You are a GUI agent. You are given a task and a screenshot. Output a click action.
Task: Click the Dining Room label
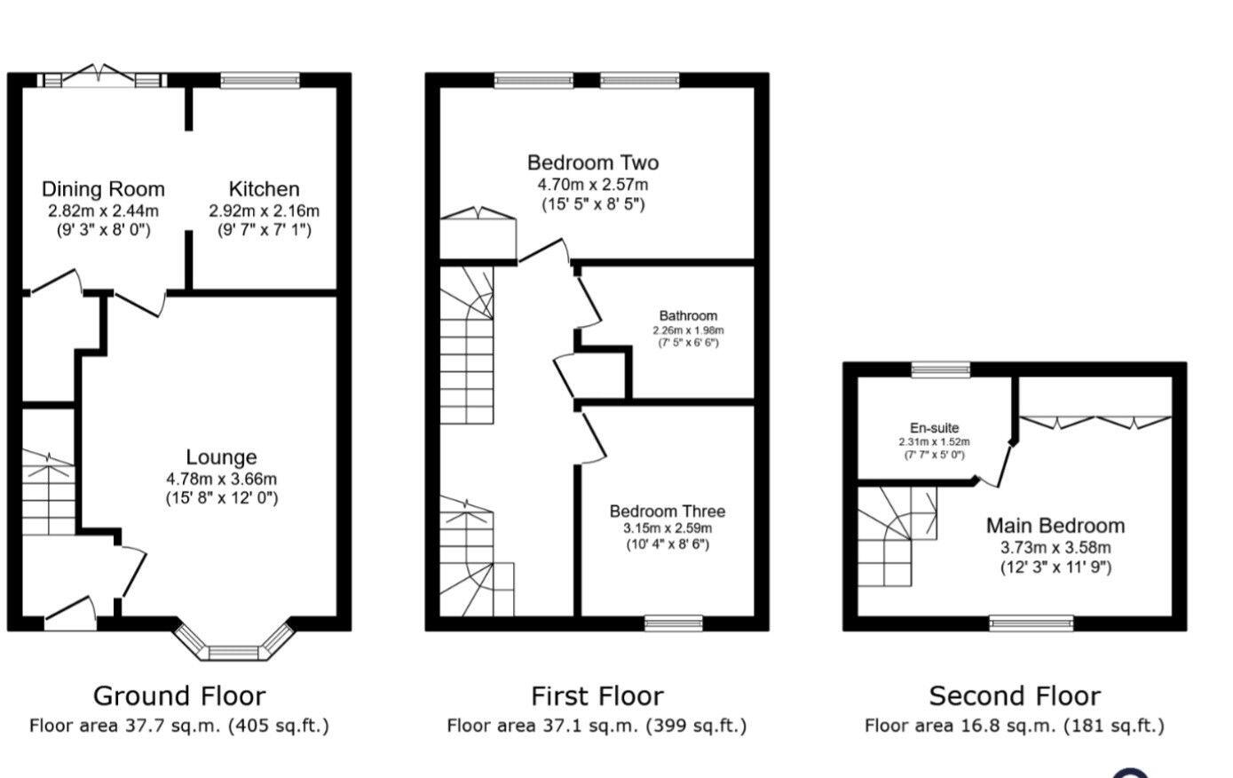coord(103,189)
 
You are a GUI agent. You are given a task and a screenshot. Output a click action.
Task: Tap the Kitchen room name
coord(264,189)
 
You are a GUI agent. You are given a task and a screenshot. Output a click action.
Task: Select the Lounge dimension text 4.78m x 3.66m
coord(221,479)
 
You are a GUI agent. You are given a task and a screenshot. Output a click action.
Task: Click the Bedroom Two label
coord(592,163)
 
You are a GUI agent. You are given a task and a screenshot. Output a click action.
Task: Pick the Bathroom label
coord(688,315)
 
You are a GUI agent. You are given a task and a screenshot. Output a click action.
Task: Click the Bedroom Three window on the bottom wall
coord(673,623)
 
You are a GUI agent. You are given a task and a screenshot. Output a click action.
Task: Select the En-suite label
coord(934,427)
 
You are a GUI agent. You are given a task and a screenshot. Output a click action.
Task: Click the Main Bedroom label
coord(1055,526)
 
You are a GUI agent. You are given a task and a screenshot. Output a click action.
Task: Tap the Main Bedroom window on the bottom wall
coord(1031,623)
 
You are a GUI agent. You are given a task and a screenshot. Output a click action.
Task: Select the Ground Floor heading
coord(178,695)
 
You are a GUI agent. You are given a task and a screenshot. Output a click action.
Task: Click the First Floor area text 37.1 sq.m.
coord(596,726)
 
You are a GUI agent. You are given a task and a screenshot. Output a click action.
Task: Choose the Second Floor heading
coord(1014,695)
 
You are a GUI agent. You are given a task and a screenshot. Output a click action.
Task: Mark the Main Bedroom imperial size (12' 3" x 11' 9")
coord(1055,567)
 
